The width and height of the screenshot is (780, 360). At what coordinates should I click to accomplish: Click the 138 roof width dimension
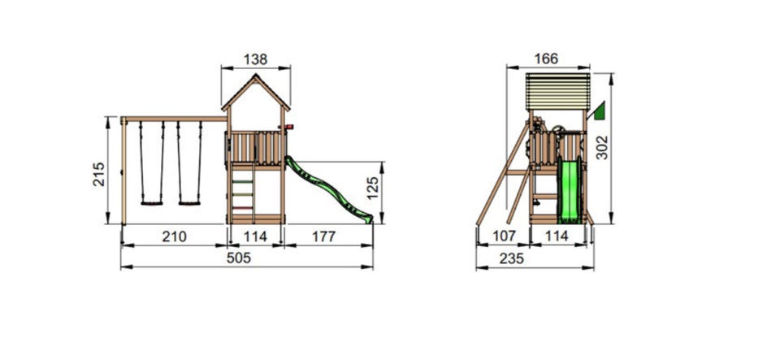(x=255, y=59)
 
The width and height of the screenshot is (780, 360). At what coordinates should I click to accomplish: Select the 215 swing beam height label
(x=99, y=174)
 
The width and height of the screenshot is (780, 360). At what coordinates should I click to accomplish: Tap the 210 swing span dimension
(x=174, y=236)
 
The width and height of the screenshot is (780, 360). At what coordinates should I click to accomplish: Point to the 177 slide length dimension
(x=324, y=236)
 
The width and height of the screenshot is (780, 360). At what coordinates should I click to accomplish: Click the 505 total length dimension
(x=239, y=258)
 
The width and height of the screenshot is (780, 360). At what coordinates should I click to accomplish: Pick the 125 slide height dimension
(x=373, y=188)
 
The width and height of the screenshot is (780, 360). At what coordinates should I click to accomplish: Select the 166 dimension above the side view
(x=546, y=59)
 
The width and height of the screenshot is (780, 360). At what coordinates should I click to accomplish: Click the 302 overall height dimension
(x=602, y=148)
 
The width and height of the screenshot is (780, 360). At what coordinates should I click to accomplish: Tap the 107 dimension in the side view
(x=504, y=236)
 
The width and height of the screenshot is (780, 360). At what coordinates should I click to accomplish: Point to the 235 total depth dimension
(x=511, y=258)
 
